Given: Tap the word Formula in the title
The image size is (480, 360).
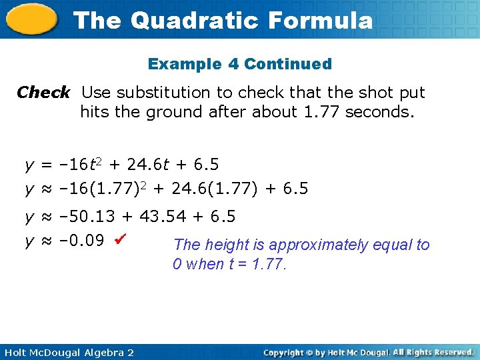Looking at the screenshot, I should (321, 20).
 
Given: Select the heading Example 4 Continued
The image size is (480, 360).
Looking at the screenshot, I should (240, 64).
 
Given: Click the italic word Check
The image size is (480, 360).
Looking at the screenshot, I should (43, 92).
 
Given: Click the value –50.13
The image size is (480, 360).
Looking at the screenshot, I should (87, 217).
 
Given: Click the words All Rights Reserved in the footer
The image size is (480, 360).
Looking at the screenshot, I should (433, 352).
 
